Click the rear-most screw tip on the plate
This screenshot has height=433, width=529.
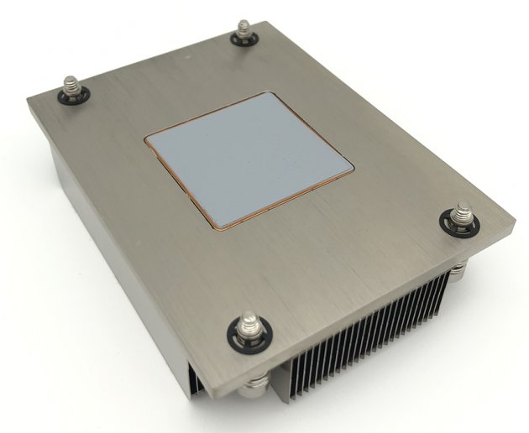click(x=244, y=29)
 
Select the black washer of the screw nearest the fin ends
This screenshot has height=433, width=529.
click(x=460, y=226)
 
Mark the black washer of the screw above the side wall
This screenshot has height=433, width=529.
click(x=71, y=97)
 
